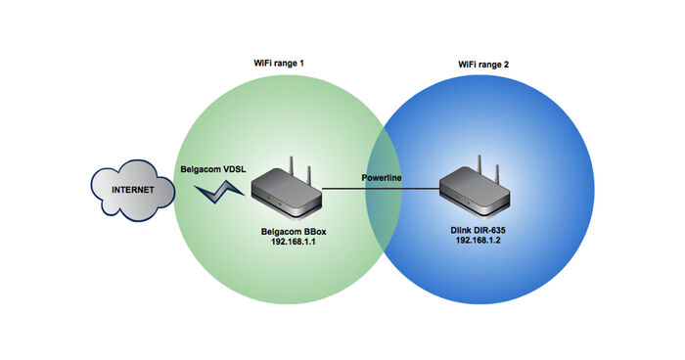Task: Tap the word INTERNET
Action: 132,191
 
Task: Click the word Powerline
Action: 385,178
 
